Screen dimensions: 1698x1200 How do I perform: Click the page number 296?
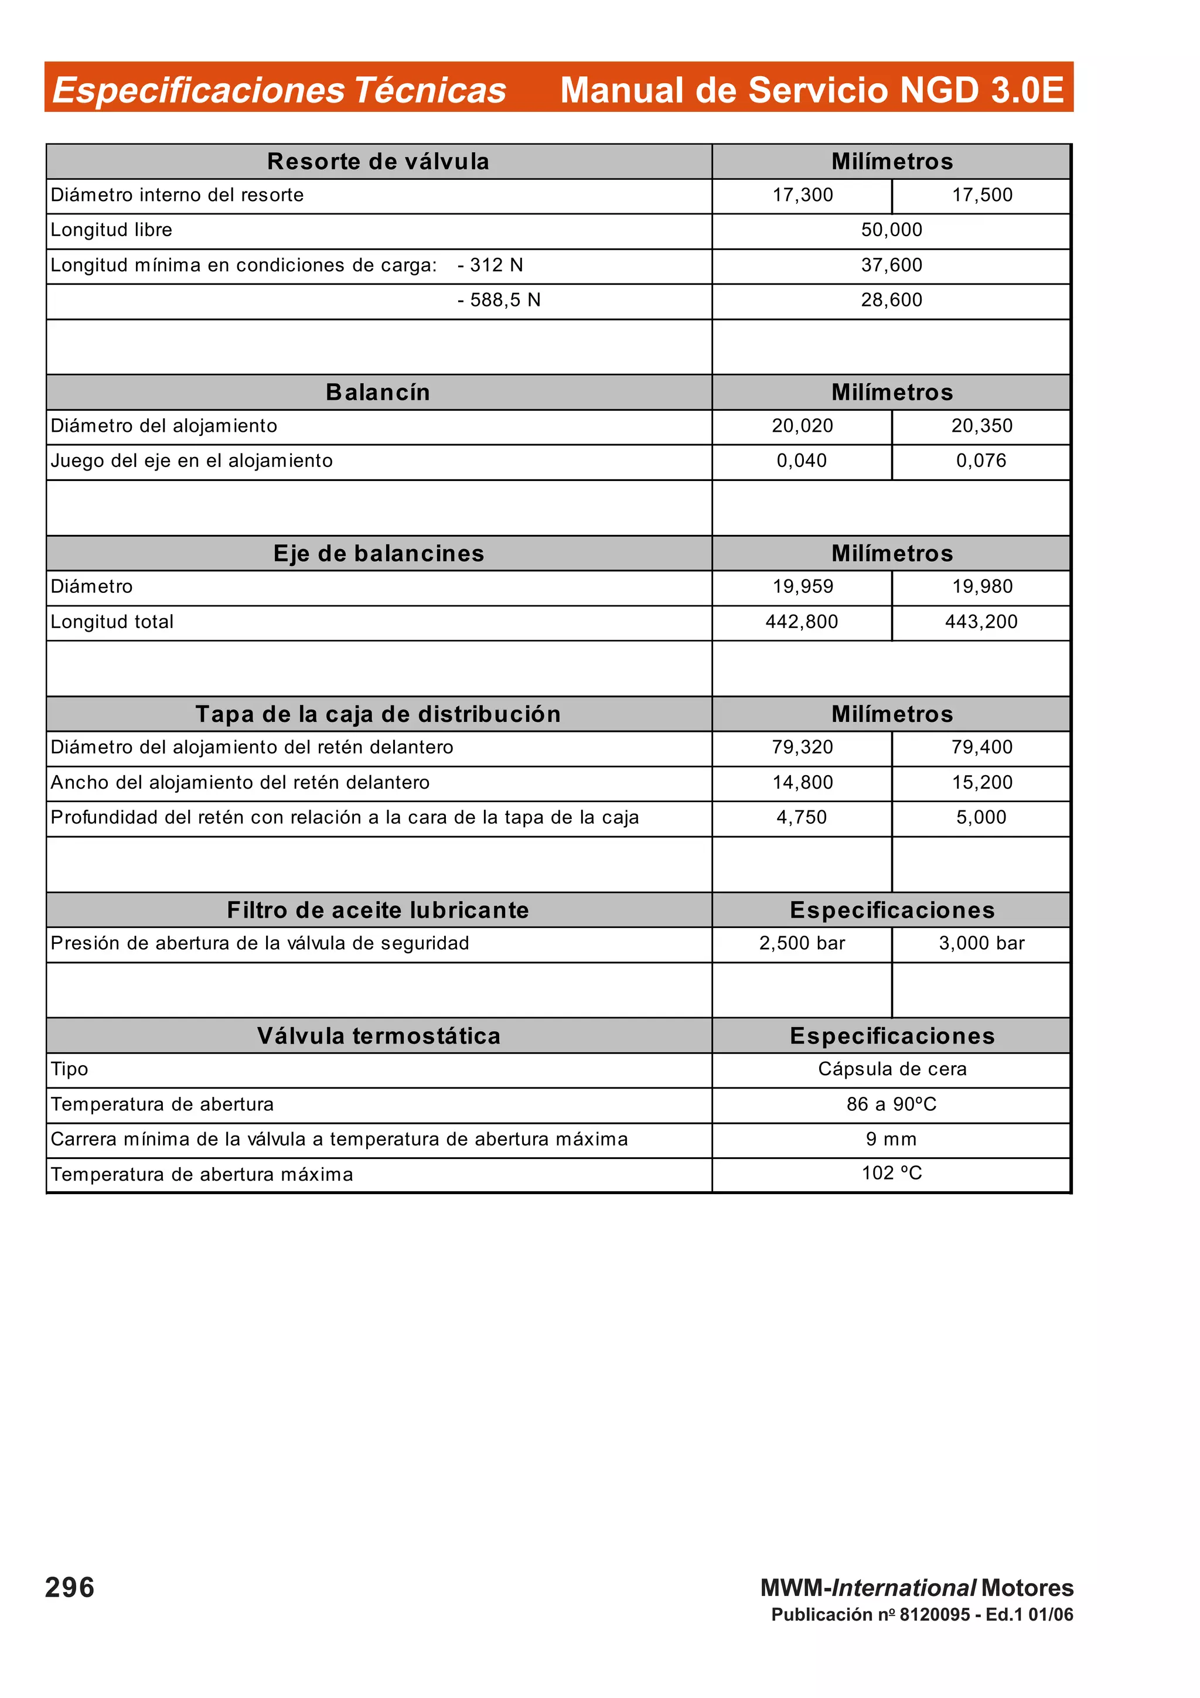point(70,1588)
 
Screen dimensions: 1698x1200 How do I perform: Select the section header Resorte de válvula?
point(378,161)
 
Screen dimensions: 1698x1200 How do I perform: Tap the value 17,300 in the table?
point(802,195)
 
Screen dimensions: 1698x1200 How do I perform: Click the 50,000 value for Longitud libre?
point(891,230)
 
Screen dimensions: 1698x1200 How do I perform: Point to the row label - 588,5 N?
point(499,300)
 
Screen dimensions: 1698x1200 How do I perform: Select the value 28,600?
point(891,300)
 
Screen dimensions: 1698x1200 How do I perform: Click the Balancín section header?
point(378,392)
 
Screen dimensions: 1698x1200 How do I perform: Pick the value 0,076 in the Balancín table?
point(981,461)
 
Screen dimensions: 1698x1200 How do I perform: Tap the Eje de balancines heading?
point(378,553)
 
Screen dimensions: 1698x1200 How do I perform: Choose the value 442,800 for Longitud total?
point(802,622)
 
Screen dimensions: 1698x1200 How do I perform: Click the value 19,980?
point(982,587)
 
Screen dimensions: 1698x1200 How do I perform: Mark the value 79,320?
point(802,747)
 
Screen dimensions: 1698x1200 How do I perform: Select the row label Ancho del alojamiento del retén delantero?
point(240,782)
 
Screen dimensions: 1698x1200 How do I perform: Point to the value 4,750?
point(802,817)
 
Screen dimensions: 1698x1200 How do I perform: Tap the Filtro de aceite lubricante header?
point(378,909)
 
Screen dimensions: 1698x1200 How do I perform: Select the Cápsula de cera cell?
point(892,1069)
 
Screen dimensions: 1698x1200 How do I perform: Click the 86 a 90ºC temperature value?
point(891,1104)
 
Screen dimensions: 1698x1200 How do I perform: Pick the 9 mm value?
point(891,1139)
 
